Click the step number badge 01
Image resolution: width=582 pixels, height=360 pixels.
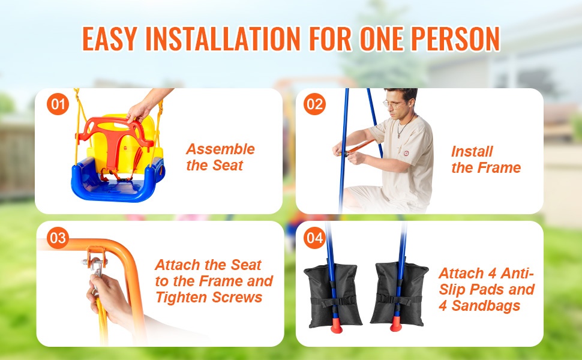coord(58,104)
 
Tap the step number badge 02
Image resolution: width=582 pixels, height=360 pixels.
coord(315,104)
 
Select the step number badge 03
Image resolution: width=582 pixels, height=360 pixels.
coord(58,238)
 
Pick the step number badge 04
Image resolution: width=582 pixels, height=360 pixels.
coord(315,238)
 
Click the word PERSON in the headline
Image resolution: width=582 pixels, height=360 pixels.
coord(455,38)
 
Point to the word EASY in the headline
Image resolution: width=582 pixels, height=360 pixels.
coord(110,38)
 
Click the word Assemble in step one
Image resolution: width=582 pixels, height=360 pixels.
coord(220,149)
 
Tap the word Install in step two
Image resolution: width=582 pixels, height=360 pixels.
coord(472,151)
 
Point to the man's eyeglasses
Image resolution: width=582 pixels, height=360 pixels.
coord(394,104)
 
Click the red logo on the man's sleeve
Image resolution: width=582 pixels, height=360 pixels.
coord(406,153)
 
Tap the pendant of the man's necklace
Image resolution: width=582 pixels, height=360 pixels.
coord(399,135)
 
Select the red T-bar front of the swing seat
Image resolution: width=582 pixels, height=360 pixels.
coord(115,141)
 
